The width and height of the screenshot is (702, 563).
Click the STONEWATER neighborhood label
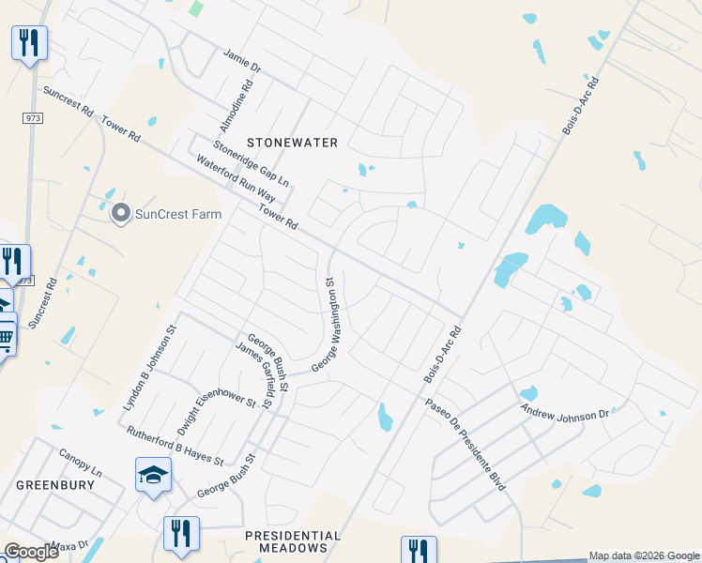(291, 143)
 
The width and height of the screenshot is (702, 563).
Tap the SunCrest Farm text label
(178, 214)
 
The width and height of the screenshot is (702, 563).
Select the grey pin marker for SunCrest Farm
(120, 214)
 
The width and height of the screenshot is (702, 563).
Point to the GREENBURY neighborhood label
(55, 485)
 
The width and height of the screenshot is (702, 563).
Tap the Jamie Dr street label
(241, 61)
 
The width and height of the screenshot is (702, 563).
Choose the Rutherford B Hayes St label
(175, 446)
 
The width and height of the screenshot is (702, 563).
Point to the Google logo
(32, 552)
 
